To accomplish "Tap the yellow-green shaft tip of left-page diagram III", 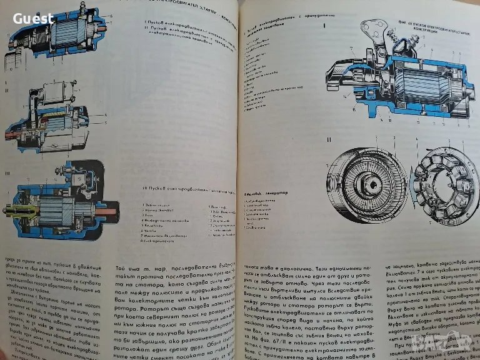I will click(x=7, y=212).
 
